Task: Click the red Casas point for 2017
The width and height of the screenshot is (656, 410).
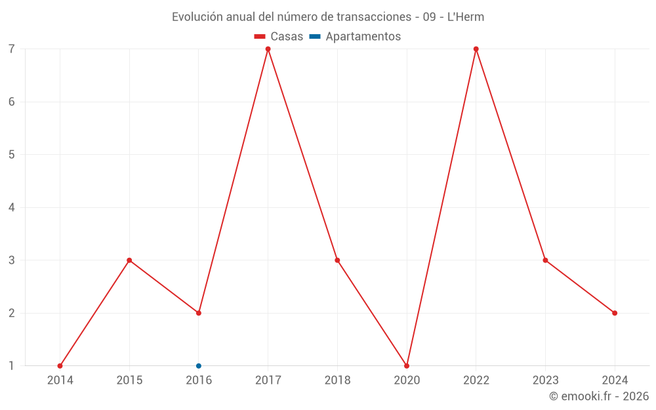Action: coord(268,49)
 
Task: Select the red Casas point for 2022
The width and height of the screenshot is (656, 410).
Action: coord(476,49)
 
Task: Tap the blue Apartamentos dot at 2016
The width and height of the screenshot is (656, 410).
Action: coord(199,366)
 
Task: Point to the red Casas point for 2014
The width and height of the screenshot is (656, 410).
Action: coord(60,366)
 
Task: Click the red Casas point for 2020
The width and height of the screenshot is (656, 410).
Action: coord(407,366)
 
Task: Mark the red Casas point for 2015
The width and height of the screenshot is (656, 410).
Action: coord(129,260)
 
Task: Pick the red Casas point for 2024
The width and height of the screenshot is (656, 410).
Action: coord(615,313)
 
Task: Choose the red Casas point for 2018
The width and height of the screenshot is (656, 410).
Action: coord(337,260)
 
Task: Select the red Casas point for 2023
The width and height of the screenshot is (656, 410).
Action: coord(545,260)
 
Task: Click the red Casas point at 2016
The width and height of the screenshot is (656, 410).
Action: coord(199,313)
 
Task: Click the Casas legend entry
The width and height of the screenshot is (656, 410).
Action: coord(279,37)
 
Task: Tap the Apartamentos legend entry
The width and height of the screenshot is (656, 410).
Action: coord(355,37)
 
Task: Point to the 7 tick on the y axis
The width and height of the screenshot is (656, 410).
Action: coord(12,49)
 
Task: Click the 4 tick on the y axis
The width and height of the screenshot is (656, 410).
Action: coord(12,207)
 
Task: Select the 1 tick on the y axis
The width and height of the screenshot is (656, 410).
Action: coord(12,366)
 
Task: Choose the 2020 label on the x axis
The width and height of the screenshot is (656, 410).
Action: coord(407,380)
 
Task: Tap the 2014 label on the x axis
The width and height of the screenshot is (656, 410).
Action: coord(60,380)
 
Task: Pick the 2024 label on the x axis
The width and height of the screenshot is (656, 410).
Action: coord(615,380)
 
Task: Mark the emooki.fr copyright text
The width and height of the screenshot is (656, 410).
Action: coord(599,396)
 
